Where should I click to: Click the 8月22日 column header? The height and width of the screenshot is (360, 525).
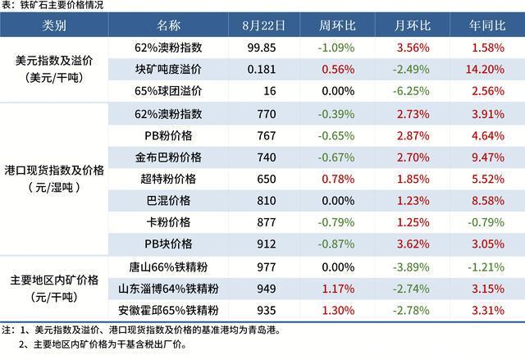[x=264, y=25]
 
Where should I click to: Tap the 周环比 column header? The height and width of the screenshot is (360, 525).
[x=336, y=25]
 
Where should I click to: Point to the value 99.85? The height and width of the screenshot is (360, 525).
[x=264, y=48]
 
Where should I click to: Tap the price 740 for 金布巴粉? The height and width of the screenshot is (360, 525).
[x=264, y=155]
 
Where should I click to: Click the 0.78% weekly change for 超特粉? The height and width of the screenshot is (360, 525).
[x=336, y=177]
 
